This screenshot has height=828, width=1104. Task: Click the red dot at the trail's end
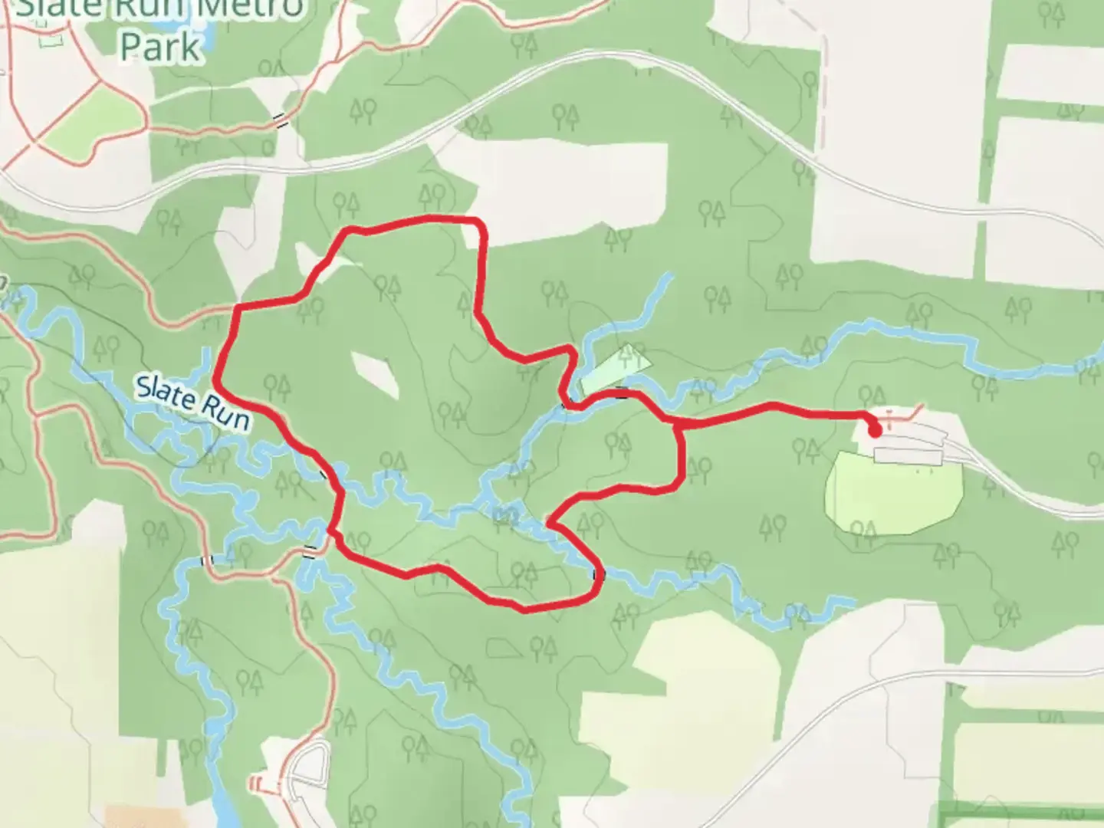[876, 431]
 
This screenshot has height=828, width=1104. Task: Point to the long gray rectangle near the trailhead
[908, 456]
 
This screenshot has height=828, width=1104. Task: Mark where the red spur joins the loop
[677, 423]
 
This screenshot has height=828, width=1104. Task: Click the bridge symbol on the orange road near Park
[282, 120]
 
